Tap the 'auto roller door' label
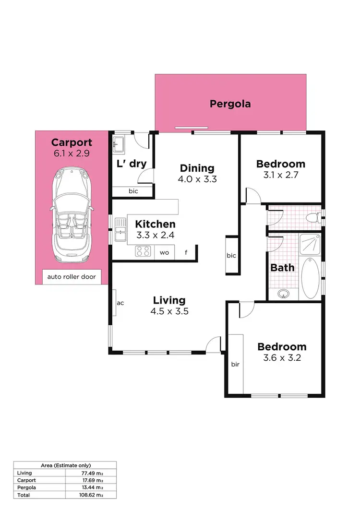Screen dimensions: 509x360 [72, 277]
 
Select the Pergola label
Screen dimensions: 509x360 [230, 104]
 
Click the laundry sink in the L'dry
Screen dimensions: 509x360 [118, 144]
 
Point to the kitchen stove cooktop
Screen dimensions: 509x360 [143, 251]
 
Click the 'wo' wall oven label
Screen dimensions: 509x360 [165, 252]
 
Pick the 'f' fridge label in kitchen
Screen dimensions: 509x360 [186, 252]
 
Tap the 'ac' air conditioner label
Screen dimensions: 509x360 [120, 303]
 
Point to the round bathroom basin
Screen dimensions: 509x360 [283, 293]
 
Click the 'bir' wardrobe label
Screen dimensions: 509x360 [235, 364]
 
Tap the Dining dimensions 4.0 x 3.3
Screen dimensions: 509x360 [197, 180]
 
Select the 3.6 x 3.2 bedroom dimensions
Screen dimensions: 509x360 [282, 358]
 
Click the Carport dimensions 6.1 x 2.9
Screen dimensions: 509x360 [72, 154]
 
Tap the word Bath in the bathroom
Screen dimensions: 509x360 [282, 268]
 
